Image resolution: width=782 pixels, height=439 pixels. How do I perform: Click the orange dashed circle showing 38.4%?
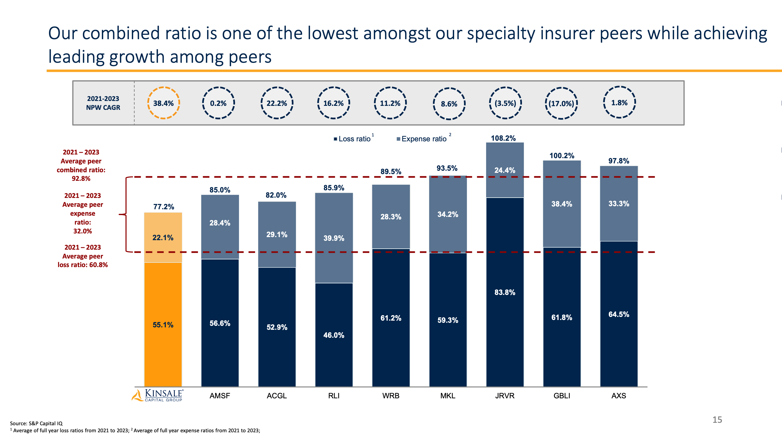(x=163, y=103)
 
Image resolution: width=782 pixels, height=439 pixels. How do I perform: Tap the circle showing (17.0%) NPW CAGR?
(x=561, y=103)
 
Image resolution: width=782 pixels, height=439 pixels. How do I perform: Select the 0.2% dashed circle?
(x=218, y=103)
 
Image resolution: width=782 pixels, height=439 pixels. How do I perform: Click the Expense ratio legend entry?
(x=423, y=139)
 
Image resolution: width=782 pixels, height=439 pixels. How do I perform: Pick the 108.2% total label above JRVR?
(x=503, y=138)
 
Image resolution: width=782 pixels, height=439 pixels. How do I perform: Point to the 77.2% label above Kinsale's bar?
(x=163, y=207)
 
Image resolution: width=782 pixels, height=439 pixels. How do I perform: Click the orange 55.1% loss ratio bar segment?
(x=163, y=324)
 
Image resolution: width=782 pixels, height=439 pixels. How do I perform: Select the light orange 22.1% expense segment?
(x=163, y=237)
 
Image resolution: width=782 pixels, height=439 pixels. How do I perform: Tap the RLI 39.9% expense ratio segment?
(x=333, y=238)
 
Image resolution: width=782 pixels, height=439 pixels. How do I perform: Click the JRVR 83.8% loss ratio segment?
(x=505, y=292)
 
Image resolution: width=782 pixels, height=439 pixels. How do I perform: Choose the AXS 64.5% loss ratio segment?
(x=618, y=314)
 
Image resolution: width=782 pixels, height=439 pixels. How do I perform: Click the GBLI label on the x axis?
(x=561, y=396)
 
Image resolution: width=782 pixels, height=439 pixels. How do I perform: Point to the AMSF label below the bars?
(x=219, y=396)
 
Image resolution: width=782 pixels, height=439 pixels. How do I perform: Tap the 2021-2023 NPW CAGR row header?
(x=103, y=103)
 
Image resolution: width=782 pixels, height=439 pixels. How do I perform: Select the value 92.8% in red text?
(x=81, y=179)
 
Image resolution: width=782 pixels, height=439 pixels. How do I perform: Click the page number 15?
(x=717, y=420)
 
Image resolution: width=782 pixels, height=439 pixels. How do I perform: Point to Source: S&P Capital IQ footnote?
(x=36, y=423)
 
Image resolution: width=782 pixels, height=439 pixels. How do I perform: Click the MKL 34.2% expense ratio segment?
(x=448, y=214)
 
